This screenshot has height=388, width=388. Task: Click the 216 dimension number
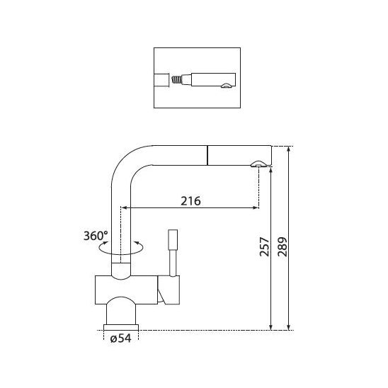(190, 201)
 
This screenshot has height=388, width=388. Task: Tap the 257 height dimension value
(264, 246)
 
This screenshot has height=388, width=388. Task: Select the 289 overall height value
(283, 246)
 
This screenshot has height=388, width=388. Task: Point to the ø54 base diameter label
(121, 338)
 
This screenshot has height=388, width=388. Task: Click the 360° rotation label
(96, 236)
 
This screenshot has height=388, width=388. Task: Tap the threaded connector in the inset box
(176, 80)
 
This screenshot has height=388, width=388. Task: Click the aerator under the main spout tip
(258, 164)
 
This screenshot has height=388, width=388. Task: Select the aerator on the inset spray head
(227, 86)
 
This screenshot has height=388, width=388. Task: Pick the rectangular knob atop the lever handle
(173, 240)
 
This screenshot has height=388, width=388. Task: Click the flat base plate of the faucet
(121, 327)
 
